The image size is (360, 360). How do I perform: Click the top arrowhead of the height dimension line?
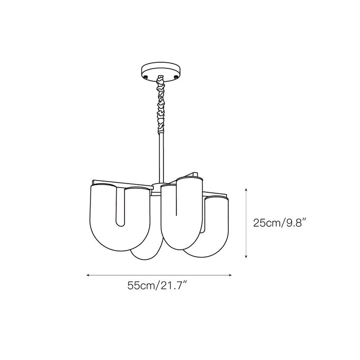(247, 189)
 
